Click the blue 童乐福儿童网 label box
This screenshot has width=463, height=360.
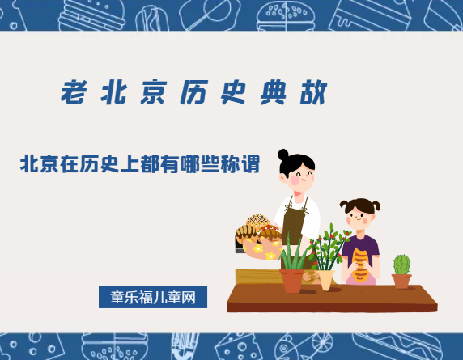153,297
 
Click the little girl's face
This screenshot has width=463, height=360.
359,215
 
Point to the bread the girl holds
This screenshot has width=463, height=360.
360,262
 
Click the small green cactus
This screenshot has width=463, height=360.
401,265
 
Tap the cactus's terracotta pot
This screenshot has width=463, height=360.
401,281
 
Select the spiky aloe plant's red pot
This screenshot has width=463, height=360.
291,281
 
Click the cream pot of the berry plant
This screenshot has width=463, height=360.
325,279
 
